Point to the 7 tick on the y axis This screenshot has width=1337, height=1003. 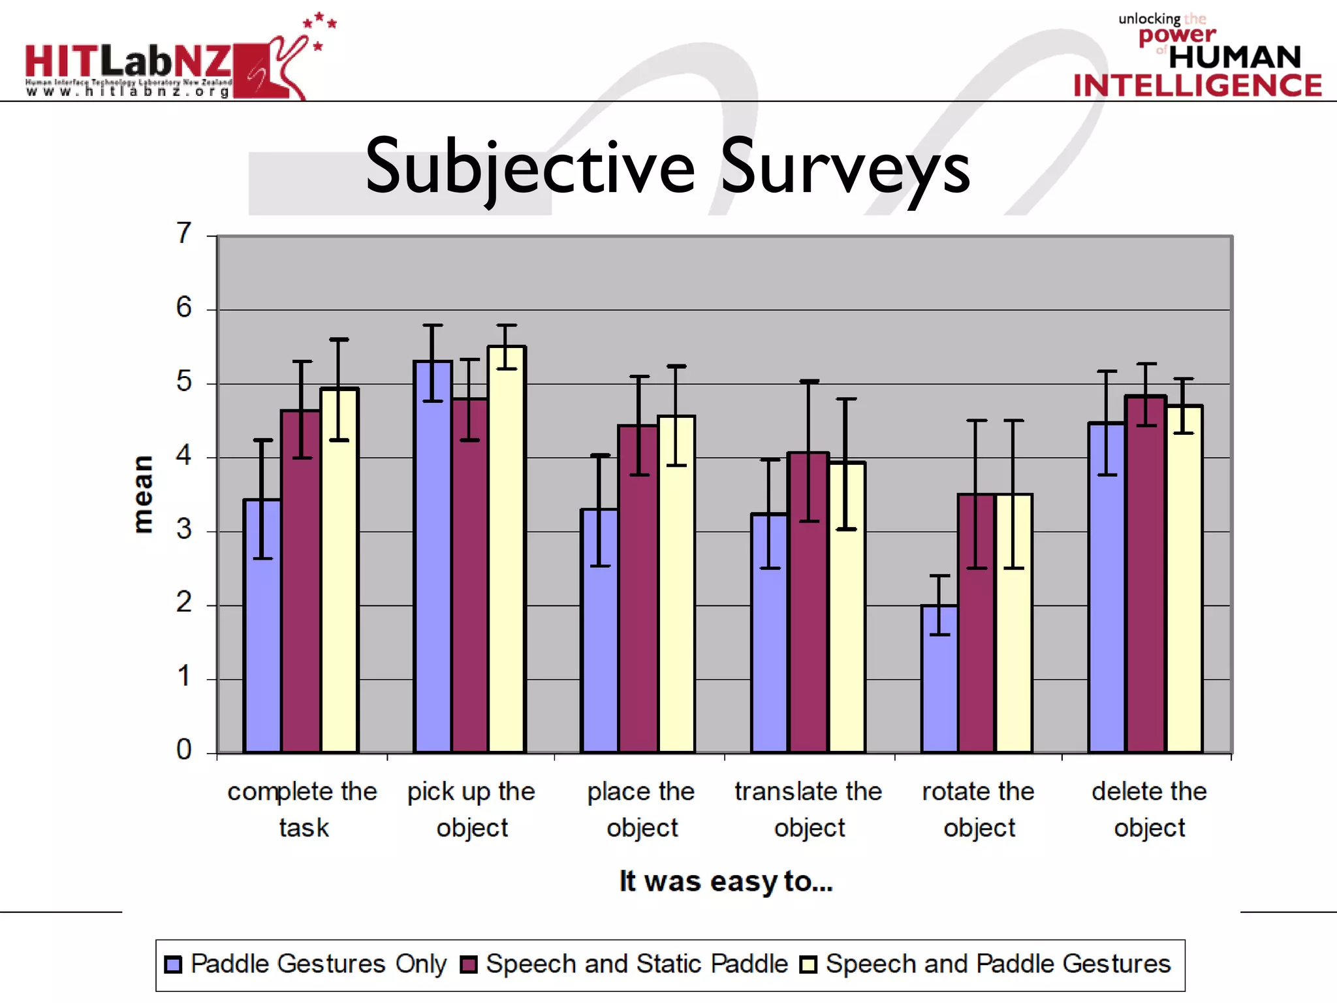click(x=184, y=233)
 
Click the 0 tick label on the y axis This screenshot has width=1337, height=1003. click(x=184, y=750)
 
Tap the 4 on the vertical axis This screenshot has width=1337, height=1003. click(x=184, y=455)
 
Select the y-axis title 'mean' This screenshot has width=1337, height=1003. click(x=143, y=494)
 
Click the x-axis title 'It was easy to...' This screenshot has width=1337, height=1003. click(x=726, y=882)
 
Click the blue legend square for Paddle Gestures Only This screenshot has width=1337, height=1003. click(x=173, y=964)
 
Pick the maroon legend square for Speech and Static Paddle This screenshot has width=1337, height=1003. click(x=469, y=964)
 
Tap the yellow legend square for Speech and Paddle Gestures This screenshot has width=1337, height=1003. click(x=808, y=964)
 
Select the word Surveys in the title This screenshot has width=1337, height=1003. click(x=845, y=168)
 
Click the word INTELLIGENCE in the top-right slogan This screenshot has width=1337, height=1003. click(x=1197, y=86)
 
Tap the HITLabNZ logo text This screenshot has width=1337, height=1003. click(x=128, y=62)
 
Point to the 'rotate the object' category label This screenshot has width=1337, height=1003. click(x=979, y=809)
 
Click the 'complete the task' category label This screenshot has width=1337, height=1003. click(x=302, y=809)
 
